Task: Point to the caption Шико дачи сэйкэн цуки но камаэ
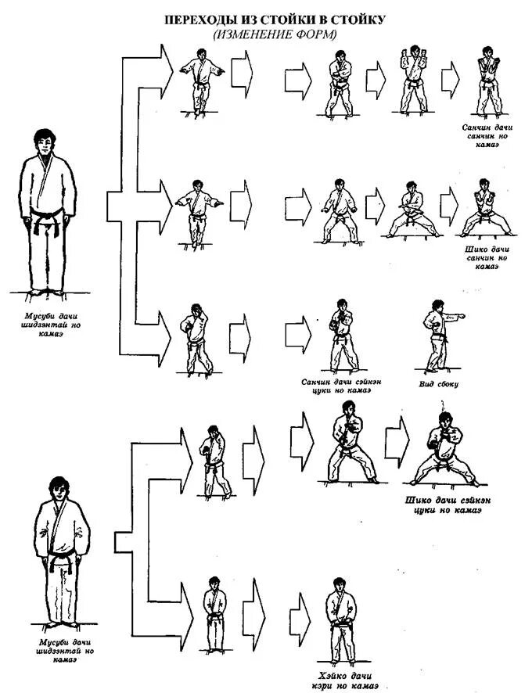(443, 505)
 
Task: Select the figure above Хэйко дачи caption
(337, 619)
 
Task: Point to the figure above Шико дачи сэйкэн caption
(442, 450)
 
